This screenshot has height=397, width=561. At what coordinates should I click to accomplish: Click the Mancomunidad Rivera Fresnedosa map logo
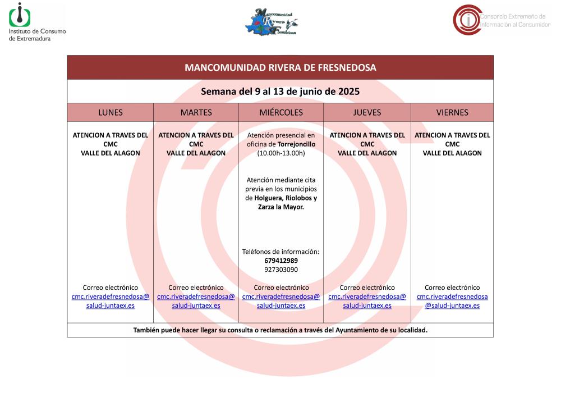[271, 21]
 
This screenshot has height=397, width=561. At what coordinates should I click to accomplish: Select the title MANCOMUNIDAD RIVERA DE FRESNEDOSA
[280, 67]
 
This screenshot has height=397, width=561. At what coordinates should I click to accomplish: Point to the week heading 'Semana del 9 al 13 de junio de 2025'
[280, 91]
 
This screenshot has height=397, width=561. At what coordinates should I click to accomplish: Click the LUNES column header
[110, 112]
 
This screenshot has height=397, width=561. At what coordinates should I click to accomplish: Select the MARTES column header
[196, 112]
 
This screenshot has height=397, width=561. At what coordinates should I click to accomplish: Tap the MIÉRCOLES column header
[280, 112]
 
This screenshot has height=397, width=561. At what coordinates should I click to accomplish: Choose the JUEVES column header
[367, 112]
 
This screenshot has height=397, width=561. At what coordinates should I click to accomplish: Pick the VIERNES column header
[452, 112]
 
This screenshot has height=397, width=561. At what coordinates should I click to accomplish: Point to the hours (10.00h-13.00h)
[280, 153]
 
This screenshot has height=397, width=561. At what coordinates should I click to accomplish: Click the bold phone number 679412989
[280, 261]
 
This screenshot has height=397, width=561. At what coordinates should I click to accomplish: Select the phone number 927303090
[280, 270]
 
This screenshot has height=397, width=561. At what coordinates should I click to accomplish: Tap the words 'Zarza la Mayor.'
[280, 207]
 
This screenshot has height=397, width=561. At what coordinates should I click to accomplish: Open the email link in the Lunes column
[111, 301]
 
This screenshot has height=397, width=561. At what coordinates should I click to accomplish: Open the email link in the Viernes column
[452, 301]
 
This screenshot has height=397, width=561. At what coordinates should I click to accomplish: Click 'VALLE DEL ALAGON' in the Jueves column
[367, 153]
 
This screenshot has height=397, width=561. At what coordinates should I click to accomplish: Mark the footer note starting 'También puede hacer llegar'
[280, 330]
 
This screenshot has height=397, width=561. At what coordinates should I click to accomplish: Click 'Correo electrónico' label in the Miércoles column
[281, 288]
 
